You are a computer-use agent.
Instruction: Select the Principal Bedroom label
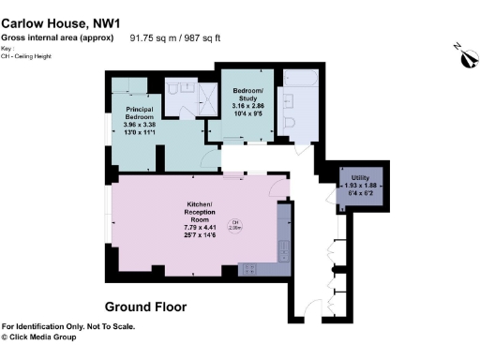[x=144, y=111]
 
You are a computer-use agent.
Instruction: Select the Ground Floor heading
[x=145, y=307]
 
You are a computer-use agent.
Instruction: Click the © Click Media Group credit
[x=47, y=337]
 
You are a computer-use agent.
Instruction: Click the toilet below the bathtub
[x=290, y=124]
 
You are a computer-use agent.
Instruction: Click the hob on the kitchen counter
[x=251, y=269]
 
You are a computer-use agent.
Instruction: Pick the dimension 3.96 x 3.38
[x=144, y=122]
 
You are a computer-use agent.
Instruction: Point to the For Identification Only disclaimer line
[x=68, y=326]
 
